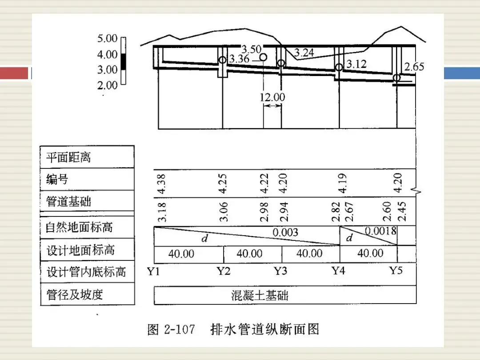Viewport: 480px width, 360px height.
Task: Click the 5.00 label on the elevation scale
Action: [x=107, y=38]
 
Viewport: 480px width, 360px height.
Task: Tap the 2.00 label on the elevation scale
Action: [x=107, y=85]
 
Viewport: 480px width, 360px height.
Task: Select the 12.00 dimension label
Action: [x=272, y=97]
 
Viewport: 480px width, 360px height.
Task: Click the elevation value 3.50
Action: [x=251, y=49]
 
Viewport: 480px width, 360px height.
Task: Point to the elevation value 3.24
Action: [x=304, y=52]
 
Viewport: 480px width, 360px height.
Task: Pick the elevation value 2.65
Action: [x=414, y=66]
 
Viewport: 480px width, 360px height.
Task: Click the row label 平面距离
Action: [x=68, y=157]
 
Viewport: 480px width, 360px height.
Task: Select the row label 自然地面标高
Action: [x=79, y=227]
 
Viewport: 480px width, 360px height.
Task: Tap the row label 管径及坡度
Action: [x=74, y=295]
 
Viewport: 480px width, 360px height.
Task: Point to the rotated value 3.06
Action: [x=224, y=212]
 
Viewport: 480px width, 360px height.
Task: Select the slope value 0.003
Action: [x=285, y=232]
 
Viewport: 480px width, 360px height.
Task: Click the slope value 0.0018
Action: [x=380, y=231]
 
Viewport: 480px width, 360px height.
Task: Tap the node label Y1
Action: [x=153, y=271]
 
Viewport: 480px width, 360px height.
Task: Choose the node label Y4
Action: [x=338, y=271]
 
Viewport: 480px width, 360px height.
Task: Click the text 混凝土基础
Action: [x=260, y=296]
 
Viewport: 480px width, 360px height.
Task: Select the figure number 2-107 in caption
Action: [x=180, y=329]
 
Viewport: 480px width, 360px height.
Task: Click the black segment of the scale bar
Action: [x=124, y=62]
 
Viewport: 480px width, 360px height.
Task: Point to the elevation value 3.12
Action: [x=356, y=64]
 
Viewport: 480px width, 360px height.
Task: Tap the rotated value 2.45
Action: [x=401, y=212]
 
